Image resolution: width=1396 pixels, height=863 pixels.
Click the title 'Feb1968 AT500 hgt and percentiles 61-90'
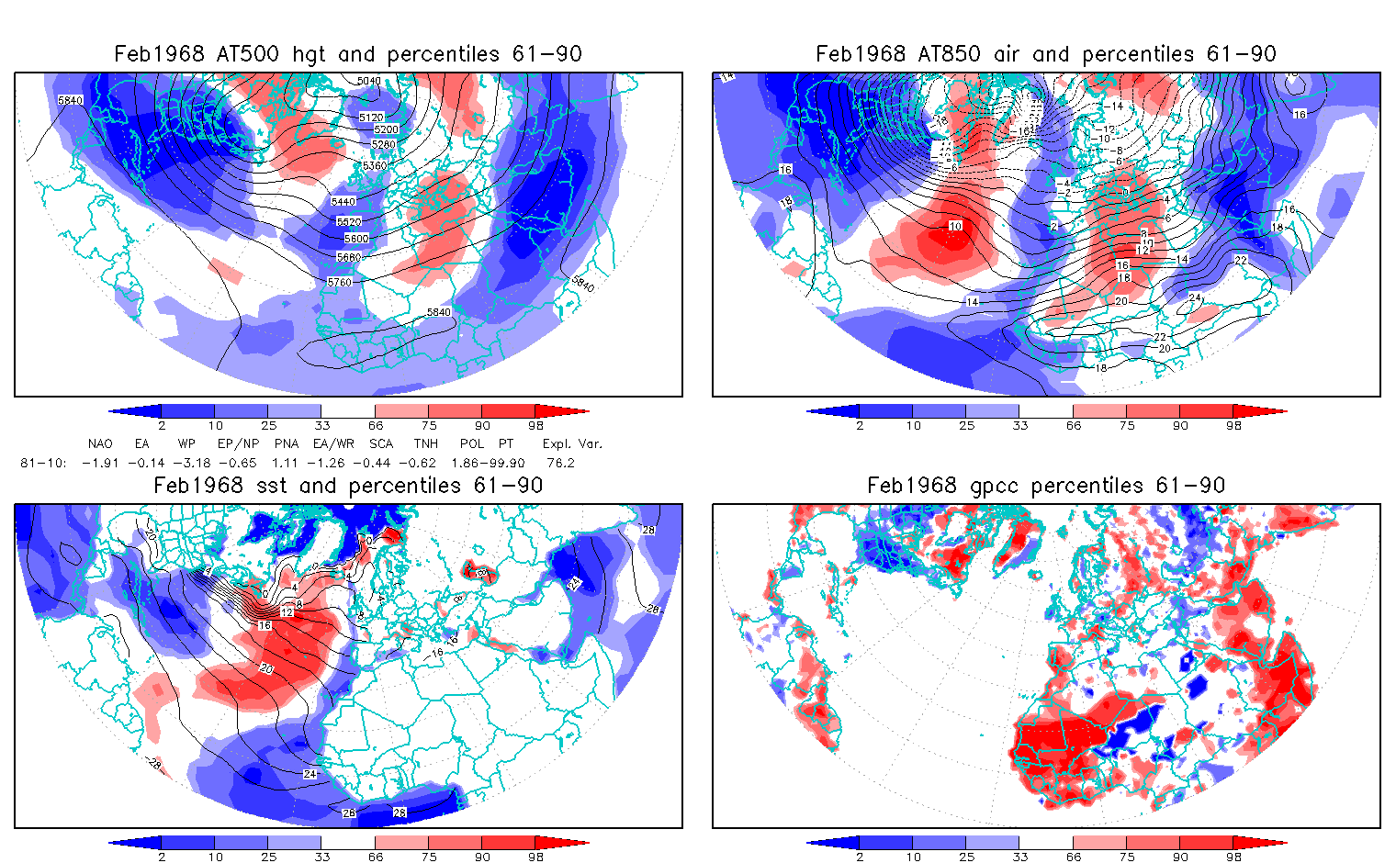pos(348,54)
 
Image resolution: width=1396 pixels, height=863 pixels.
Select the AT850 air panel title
pos(1045,54)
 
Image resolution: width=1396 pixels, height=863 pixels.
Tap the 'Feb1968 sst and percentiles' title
pos(348,486)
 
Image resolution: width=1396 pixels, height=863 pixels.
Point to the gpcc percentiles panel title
pos(1045,486)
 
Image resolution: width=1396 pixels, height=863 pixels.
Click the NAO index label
pos(100,443)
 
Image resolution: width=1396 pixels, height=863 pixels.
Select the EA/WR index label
pos(333,443)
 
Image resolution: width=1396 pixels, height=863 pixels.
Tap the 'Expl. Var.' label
pos(572,443)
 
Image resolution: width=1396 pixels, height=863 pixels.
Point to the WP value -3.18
pos(189,463)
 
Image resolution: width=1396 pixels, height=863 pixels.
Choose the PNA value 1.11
pos(286,463)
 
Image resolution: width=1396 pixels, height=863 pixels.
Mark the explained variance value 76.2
pos(560,463)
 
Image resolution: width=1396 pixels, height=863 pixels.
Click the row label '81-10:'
pos(43,463)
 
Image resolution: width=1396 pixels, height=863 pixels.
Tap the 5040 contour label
pos(368,82)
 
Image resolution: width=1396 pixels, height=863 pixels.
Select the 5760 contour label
pos(340,282)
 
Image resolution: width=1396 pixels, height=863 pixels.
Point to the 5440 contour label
pos(343,202)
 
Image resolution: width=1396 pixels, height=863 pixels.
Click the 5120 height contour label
pos(371,118)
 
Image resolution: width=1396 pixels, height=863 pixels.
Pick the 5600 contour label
pos(355,239)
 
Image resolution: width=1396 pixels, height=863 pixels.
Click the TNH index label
pos(425,443)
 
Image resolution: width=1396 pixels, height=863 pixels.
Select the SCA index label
pos(381,443)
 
